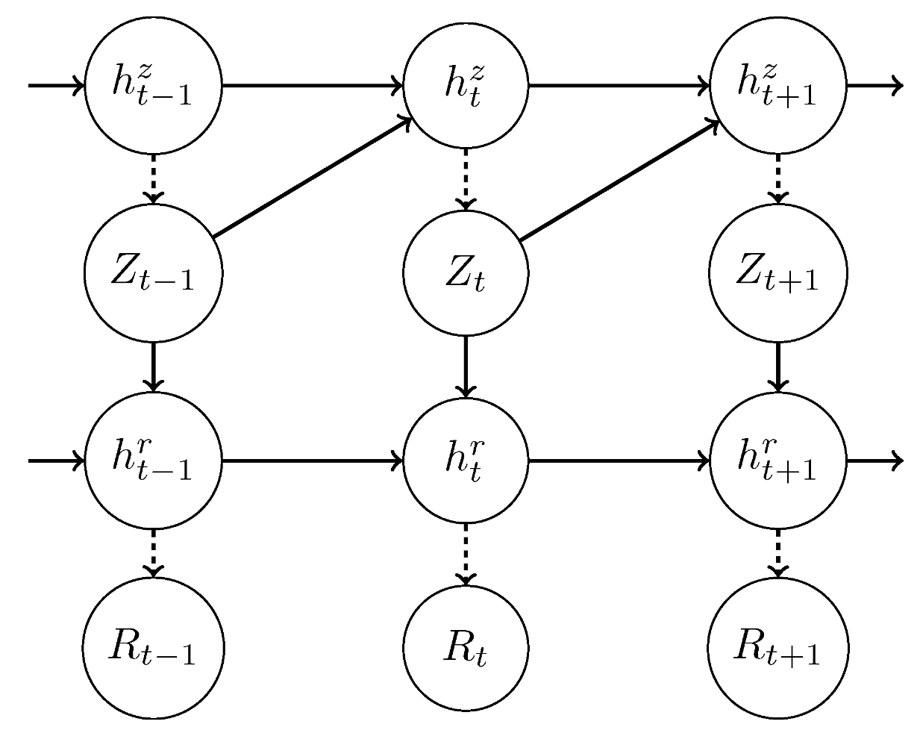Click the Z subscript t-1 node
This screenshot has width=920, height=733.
[154, 273]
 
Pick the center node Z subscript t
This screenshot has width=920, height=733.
[466, 273]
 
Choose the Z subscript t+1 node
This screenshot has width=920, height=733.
[778, 273]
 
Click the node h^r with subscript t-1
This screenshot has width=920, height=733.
[154, 461]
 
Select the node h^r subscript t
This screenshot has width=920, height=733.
[466, 461]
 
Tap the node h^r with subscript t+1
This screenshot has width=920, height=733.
[778, 461]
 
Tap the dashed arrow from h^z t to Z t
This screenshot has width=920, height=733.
[466, 179]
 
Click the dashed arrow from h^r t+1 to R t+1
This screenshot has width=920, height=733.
[778, 553]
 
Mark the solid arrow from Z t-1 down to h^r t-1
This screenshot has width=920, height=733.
[154, 366]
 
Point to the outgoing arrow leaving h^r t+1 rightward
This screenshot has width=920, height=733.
[874, 461]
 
